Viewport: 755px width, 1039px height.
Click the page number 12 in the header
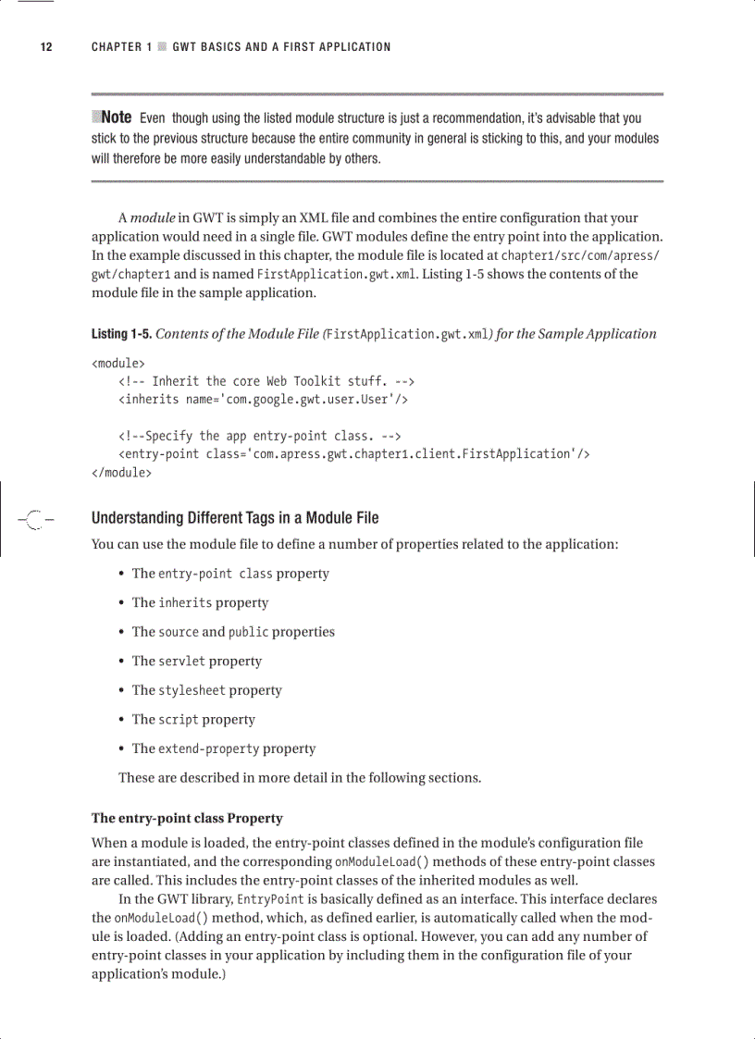(x=43, y=47)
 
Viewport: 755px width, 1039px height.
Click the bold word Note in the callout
(x=116, y=118)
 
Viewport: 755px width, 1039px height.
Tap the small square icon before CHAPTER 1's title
(x=162, y=47)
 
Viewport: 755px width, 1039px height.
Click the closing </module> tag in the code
(x=121, y=472)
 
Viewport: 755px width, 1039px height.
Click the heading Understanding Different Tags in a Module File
(x=235, y=518)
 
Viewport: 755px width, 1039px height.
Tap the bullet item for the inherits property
(x=200, y=603)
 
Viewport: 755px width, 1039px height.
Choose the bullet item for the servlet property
(x=196, y=662)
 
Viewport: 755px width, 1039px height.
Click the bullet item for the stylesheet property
(x=206, y=690)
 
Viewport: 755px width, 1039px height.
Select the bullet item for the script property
(x=192, y=720)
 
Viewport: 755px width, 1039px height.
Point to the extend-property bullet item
(x=223, y=748)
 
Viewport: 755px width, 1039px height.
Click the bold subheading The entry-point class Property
(x=187, y=819)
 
